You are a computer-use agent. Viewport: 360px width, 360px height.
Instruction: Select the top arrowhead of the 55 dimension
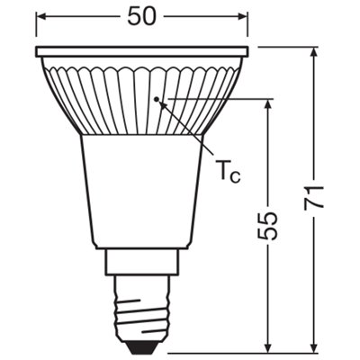coord(269,103)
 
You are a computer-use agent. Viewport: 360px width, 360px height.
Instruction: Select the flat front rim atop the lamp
coord(141,52)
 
